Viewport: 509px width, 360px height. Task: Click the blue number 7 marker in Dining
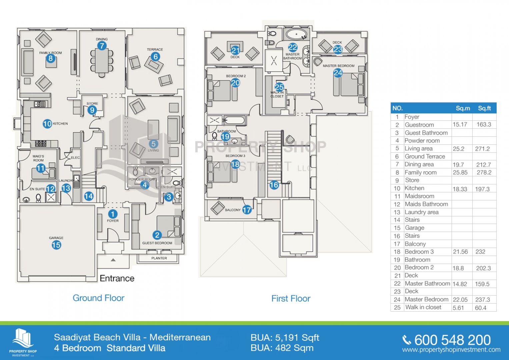tap(102, 46)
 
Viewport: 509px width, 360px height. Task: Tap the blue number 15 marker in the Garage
tap(56, 245)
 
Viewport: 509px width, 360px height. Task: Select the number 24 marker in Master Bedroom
tap(338, 73)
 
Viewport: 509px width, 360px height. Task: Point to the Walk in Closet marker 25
tap(279, 87)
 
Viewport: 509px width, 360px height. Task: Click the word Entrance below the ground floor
tap(117, 278)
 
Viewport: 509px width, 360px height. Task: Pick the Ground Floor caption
tap(98, 298)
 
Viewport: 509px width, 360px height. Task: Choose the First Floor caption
tap(291, 298)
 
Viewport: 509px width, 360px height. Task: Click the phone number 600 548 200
tap(452, 340)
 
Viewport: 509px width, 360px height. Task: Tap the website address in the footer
tap(451, 350)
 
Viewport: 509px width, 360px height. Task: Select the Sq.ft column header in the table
tap(484, 108)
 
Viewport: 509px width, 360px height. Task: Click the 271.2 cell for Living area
tap(482, 149)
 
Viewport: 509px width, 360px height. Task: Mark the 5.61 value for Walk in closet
tap(458, 308)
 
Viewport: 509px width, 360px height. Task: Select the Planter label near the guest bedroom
tap(159, 258)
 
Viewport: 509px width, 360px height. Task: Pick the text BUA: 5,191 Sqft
tap(285, 338)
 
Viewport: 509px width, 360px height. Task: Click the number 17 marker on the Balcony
tap(247, 210)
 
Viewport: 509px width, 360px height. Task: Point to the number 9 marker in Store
tap(92, 110)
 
